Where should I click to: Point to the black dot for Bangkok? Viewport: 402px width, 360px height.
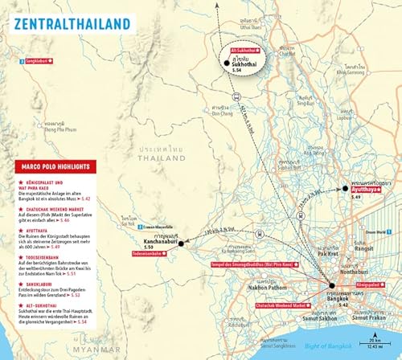tap(331, 285)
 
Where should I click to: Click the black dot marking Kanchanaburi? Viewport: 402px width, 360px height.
tap(182, 243)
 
